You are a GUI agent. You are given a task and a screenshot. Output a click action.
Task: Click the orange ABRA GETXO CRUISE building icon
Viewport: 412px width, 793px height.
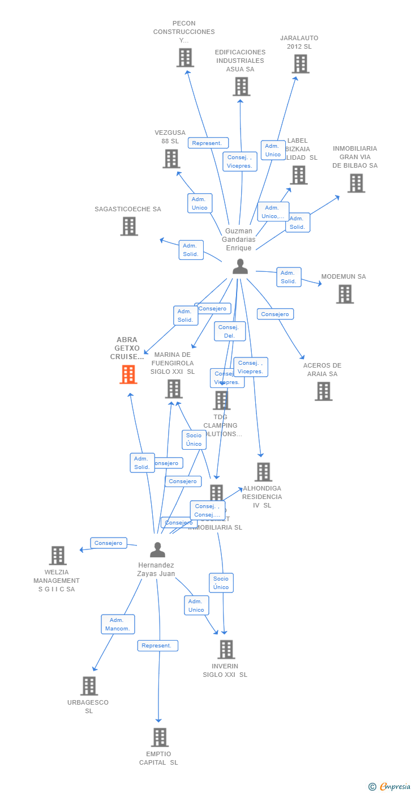click(x=128, y=374)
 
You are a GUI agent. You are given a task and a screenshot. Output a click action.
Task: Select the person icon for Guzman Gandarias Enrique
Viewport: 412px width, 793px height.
click(x=241, y=266)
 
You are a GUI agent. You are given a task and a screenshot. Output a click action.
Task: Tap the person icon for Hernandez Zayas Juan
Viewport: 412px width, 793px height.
click(x=157, y=549)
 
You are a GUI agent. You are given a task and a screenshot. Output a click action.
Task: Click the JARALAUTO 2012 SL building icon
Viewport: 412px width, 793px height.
click(x=301, y=64)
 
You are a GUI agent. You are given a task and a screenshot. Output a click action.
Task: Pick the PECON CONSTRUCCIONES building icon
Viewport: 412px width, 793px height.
click(x=185, y=58)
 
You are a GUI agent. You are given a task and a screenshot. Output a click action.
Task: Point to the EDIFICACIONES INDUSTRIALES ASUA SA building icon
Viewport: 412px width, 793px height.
click(x=241, y=87)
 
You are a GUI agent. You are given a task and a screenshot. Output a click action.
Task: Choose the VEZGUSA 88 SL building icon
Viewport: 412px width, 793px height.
click(x=171, y=159)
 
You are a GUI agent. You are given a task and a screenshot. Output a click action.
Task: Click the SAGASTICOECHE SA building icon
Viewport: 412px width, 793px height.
click(x=129, y=227)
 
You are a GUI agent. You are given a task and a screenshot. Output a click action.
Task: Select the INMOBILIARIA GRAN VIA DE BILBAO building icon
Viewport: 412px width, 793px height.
click(x=356, y=183)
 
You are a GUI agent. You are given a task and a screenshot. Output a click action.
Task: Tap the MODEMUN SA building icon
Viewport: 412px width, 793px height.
click(x=345, y=294)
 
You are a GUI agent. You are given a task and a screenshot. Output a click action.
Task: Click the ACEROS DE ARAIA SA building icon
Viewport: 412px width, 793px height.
click(x=324, y=391)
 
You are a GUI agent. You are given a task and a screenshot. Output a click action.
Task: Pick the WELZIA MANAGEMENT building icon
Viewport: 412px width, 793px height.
click(x=58, y=556)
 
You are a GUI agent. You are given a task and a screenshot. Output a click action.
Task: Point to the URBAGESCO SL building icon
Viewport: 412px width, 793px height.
click(x=89, y=686)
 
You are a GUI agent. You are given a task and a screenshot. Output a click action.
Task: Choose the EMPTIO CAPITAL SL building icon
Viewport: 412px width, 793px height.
click(x=160, y=737)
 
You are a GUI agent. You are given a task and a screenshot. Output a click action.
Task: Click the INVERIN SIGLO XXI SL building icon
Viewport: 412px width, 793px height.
click(x=226, y=650)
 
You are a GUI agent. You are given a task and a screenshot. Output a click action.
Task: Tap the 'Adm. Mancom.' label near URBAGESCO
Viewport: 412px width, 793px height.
click(x=118, y=624)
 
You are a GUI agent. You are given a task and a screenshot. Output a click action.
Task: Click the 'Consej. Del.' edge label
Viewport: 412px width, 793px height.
click(x=230, y=331)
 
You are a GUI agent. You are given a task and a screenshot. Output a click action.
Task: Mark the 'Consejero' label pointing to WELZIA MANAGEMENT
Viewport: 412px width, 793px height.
click(x=109, y=543)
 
